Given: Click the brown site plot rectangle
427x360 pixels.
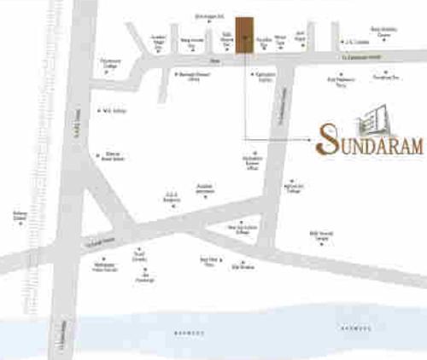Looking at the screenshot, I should point(245,35).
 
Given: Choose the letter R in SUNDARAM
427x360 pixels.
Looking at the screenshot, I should point(390,144).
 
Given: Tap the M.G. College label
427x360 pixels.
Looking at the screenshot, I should point(113,110).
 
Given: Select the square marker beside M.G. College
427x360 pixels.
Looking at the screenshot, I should point(100,110).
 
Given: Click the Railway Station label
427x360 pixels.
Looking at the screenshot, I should point(20,216).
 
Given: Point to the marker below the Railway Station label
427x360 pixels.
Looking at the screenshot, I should point(19,225).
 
